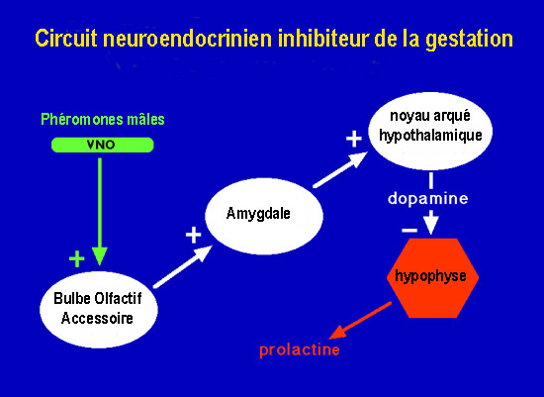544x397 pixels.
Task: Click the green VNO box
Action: coord(102,145)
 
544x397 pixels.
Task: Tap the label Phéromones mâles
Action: coord(103,120)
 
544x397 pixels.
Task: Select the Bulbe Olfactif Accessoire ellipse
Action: coord(99,309)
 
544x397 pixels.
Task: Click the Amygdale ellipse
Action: coord(264,216)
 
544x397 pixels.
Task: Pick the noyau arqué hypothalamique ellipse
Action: coord(430,131)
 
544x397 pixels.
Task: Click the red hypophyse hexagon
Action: coord(432,278)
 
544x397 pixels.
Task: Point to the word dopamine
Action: coord(427,199)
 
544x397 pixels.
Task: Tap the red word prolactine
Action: coord(300,349)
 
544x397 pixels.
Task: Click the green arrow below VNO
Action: coord(100,212)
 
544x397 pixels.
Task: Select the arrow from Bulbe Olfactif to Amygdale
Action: coord(183,266)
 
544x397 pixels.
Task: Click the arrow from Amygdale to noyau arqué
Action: coord(340,170)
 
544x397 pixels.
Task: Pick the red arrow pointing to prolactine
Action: coord(360,320)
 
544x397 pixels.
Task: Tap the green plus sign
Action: coord(77,258)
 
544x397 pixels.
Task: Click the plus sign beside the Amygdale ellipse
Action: coord(193,236)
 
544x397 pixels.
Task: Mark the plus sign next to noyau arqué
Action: coord(354,139)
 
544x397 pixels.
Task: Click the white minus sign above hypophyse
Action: coord(409,231)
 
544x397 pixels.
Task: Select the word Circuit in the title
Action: coord(66,39)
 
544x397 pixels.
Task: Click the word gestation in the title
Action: coord(470,40)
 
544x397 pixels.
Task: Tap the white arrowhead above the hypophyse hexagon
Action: coord(431,225)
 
